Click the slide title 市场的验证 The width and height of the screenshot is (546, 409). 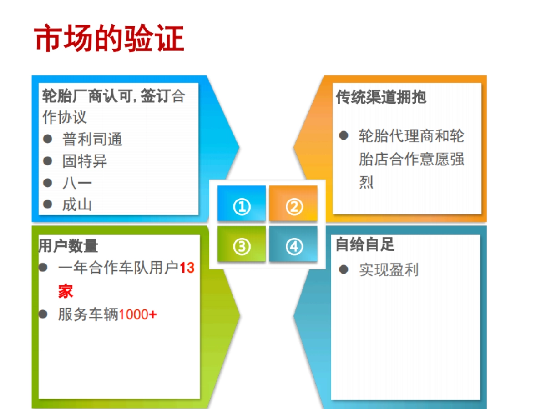point(109,39)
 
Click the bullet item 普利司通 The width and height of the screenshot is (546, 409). point(92,140)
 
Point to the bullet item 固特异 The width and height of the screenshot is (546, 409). point(85,161)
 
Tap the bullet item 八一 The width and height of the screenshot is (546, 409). point(77,183)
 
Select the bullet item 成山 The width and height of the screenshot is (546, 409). point(77,204)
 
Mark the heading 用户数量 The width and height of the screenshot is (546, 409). point(68,246)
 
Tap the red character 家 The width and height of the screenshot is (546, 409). point(66,291)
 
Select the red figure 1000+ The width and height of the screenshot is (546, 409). point(138,314)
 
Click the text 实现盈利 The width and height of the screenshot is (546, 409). point(388,270)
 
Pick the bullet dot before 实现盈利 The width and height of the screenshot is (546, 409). point(344,269)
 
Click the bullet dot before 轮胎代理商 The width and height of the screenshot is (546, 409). point(344,135)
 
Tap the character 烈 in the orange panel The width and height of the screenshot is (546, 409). point(366,183)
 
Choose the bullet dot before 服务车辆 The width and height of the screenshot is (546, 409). point(43,314)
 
